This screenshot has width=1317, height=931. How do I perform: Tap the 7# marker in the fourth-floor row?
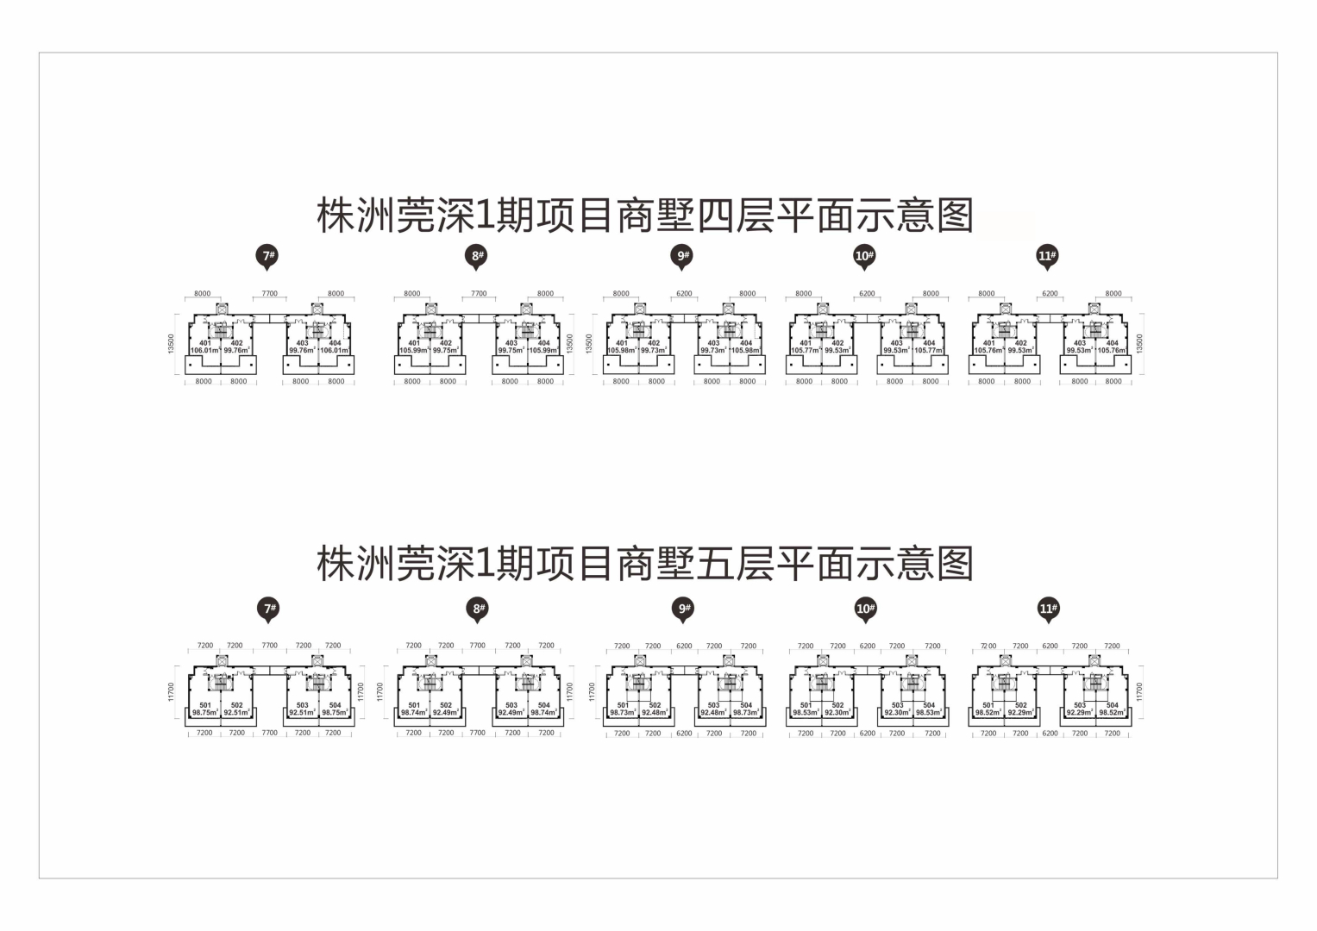tap(269, 255)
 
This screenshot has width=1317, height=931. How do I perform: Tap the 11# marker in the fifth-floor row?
tap(1048, 609)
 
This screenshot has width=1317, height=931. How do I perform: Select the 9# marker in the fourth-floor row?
tap(684, 255)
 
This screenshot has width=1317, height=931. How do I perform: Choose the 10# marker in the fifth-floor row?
tap(865, 609)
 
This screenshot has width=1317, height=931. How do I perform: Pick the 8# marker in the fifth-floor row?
tap(479, 609)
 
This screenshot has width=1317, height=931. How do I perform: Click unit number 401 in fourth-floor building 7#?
tap(204, 343)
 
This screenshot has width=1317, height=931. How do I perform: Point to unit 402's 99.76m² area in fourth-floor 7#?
tap(236, 351)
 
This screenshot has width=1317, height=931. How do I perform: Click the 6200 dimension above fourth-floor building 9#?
tap(684, 294)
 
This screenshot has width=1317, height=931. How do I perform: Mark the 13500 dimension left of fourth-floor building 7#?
tap(172, 343)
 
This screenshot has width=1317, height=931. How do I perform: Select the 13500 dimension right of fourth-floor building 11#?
tap(1140, 343)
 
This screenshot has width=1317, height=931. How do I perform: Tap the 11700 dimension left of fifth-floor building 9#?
tap(592, 690)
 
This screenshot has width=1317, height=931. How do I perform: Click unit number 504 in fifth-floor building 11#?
tap(1112, 705)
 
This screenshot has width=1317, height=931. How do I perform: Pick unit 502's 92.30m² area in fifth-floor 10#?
tap(837, 713)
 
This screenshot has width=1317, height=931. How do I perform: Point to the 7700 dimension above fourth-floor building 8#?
tap(479, 294)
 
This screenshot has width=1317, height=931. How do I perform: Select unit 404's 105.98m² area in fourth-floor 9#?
tap(745, 351)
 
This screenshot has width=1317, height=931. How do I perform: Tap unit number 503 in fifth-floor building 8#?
tap(511, 705)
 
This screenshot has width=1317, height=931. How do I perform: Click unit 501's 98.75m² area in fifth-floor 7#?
tap(205, 713)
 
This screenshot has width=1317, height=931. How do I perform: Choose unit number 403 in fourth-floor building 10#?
tap(896, 343)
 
